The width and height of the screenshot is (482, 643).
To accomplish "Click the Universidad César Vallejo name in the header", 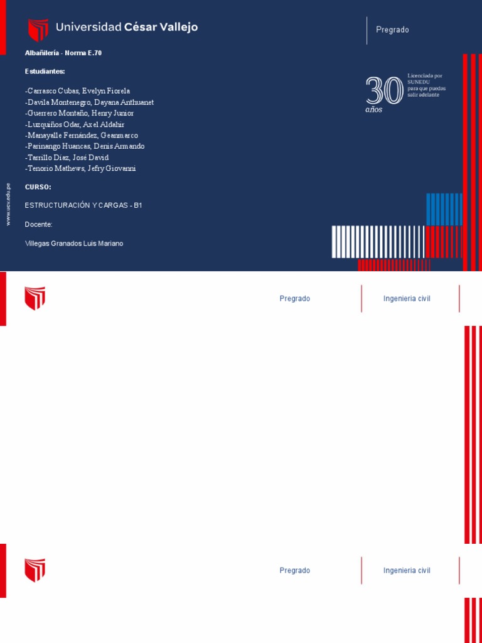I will [127, 27].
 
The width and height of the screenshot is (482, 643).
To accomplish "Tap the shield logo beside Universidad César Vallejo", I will [38, 30].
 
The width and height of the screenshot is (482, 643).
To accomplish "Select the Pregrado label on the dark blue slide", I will [392, 30].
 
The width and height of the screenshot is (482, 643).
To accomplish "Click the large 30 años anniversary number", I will [384, 91].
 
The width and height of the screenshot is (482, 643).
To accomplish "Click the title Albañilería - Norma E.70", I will [63, 53].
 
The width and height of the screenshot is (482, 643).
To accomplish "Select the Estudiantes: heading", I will [45, 71].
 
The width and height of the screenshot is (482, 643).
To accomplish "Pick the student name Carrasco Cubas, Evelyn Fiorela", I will [78, 91].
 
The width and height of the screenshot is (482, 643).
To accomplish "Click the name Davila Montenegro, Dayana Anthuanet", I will [89, 102].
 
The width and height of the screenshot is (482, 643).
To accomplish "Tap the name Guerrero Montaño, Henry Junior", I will [79, 113].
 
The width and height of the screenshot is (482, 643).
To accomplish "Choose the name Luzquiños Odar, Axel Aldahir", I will [75, 124].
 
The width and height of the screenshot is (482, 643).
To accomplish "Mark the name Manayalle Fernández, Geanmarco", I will [82, 136].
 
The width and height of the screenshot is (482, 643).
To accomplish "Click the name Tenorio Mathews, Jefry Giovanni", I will [80, 168].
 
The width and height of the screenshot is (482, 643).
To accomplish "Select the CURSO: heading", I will [38, 187].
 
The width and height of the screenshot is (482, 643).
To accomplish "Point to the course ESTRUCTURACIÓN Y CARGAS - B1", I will [83, 205].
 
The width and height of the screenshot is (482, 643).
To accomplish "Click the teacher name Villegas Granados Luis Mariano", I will [74, 243].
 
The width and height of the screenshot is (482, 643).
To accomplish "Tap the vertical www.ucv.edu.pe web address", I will [8, 204].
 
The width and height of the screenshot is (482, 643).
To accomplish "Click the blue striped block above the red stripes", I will [444, 209].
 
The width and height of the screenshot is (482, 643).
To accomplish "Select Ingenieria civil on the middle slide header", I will [407, 299].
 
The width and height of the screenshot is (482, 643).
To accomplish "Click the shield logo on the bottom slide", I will [35, 570].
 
